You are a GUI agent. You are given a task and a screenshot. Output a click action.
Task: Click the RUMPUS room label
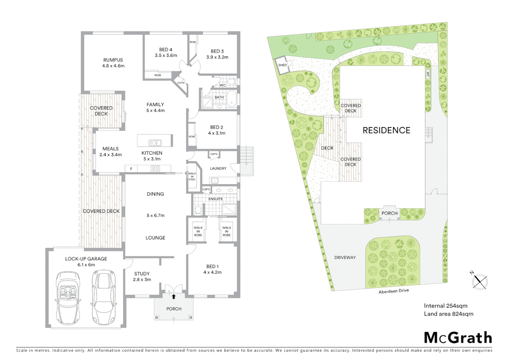pyautogui.click(x=113, y=60)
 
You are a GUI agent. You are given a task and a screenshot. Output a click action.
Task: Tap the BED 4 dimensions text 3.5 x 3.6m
pyautogui.click(x=166, y=55)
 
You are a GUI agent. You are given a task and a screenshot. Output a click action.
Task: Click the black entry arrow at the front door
pyautogui.click(x=174, y=296)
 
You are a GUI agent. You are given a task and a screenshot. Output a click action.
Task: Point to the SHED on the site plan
pyautogui.click(x=282, y=65)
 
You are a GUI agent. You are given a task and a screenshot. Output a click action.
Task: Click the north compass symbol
pyautogui.click(x=479, y=281)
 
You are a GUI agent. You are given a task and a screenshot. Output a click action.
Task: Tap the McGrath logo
pyautogui.click(x=458, y=337)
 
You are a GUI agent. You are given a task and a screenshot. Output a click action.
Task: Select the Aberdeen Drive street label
pyautogui.click(x=393, y=291)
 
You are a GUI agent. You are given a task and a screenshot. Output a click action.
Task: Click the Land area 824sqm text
pyautogui.click(x=448, y=314)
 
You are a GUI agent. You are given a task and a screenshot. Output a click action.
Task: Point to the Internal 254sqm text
pyautogui.click(x=445, y=306)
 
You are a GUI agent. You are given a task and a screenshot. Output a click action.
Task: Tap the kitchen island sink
pyautogui.click(x=155, y=143)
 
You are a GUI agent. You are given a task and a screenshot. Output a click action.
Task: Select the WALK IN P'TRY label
pyautogui.click(x=192, y=177)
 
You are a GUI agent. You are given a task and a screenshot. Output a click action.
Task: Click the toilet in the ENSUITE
pyautogui.click(x=198, y=210)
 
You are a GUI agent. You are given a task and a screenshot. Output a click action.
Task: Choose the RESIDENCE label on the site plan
pyautogui.click(x=386, y=130)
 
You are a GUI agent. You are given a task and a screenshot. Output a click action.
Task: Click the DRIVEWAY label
pyautogui.click(x=345, y=257)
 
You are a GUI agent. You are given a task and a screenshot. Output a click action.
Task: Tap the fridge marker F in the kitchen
pyautogui.click(x=131, y=169)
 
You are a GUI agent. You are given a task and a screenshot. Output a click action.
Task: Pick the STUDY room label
pyautogui.click(x=142, y=274)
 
